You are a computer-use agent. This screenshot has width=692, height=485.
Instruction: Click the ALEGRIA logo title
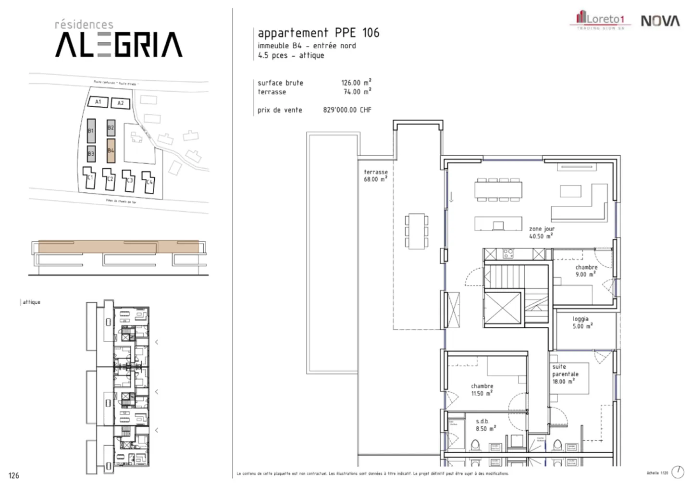[x=119, y=44]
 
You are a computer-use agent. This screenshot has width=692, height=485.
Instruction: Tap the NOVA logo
[x=660, y=21]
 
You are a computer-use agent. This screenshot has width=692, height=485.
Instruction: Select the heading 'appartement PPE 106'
[x=318, y=33]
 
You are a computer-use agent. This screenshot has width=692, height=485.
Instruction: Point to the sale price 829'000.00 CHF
[x=347, y=110]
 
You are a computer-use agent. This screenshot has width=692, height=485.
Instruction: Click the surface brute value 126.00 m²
[x=356, y=83]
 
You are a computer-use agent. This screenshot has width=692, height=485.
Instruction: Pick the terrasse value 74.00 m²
[x=356, y=92]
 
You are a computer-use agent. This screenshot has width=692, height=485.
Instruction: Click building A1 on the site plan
[x=98, y=102]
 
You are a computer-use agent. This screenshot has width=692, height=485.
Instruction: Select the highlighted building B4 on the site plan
[x=111, y=151]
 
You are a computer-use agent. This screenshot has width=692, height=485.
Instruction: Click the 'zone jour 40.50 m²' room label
[x=542, y=233]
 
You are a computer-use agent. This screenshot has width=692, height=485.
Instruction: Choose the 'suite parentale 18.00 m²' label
[x=565, y=374]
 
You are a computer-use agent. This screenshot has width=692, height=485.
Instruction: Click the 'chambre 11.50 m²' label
[x=482, y=389]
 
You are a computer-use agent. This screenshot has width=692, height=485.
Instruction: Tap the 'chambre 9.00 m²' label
[x=586, y=271]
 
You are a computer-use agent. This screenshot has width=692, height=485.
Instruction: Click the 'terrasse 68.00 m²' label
[x=375, y=175]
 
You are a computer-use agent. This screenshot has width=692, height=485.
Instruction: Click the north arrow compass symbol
[x=678, y=472]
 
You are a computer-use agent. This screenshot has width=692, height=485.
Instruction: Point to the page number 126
[x=14, y=475]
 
